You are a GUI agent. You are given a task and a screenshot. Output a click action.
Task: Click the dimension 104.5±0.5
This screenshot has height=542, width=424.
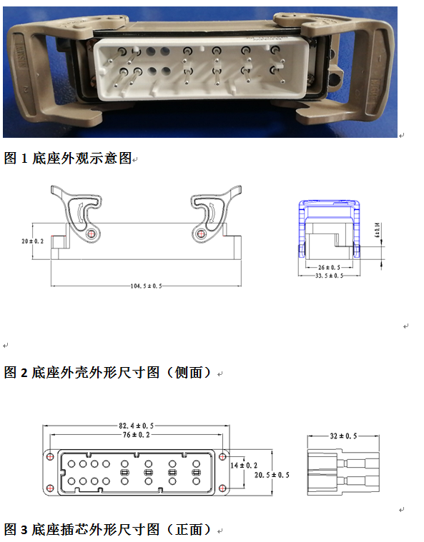point(147,286)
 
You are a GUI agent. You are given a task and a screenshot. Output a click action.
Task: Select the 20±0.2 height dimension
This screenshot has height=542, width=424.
point(33,241)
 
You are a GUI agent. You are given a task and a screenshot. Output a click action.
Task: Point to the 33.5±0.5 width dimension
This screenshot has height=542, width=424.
point(328,276)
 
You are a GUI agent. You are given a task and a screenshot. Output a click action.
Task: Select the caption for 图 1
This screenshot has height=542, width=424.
point(68,159)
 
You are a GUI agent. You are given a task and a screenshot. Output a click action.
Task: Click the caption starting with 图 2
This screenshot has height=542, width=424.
point(107,372)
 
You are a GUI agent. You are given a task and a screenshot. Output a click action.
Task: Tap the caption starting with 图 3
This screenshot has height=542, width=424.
point(107,529)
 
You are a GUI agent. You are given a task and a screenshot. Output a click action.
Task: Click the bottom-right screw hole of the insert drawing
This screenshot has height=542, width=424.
point(222,488)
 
